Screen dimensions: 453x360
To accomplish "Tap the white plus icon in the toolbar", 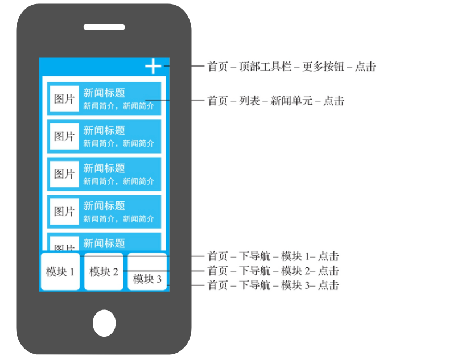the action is coord(153,67).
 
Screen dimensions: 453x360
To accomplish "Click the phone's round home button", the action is coord(104,322).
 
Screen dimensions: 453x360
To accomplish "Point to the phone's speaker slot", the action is coord(104,27).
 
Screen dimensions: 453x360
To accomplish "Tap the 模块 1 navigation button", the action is coord(60,272).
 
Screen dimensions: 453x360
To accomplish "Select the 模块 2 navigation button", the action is coord(104,272).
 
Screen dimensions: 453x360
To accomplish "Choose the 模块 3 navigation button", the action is coord(147,279).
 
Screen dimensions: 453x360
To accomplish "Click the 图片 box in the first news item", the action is coord(64,99).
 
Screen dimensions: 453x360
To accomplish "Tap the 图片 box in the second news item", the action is coord(64,136).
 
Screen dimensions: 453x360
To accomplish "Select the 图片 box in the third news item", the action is coord(64,174).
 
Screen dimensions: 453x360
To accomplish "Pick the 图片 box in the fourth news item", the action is coord(64,212).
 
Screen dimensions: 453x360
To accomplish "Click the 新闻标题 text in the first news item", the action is coord(104,93).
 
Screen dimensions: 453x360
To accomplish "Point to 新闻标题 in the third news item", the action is coord(104,168).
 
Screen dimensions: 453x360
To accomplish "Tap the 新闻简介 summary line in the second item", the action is coord(118,143).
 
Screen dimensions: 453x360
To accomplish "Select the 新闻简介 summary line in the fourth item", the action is coord(118,218).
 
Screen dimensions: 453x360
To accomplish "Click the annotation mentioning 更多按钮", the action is coord(291,67).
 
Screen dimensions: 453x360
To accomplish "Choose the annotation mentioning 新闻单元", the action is coord(275,101).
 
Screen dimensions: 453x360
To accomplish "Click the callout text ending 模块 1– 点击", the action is coord(273,256).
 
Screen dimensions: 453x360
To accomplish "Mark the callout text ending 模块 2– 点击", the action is coord(273,271).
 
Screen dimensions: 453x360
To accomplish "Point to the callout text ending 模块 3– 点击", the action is coord(273,285).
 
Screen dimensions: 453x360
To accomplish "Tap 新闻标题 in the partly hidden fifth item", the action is coord(104,243).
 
